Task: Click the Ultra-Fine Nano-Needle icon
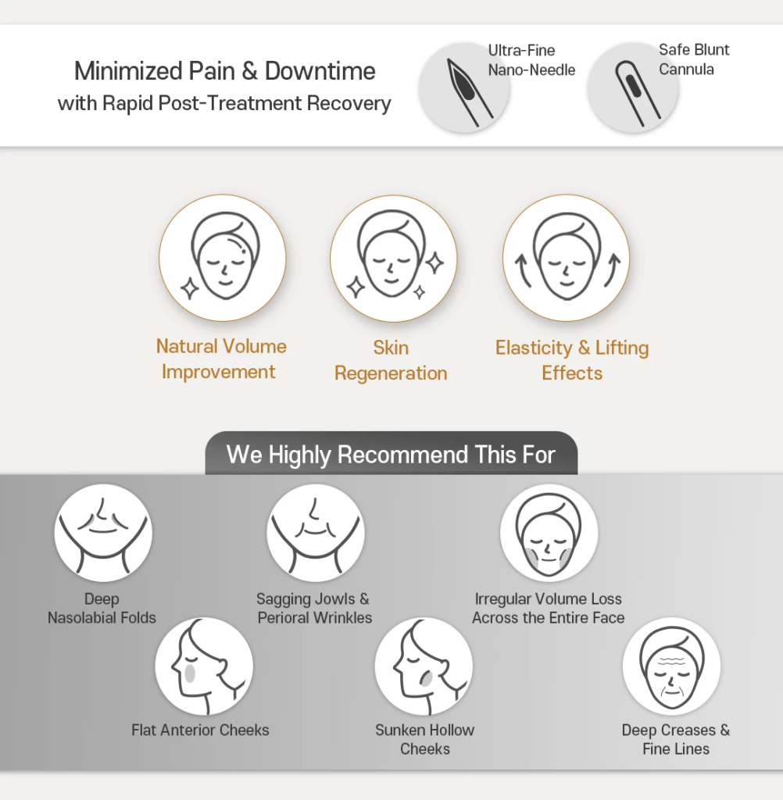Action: [463, 87]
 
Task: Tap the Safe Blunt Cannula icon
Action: [632, 87]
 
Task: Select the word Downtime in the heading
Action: [320, 71]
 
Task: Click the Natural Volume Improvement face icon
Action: [223, 258]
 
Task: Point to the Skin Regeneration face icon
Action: [393, 258]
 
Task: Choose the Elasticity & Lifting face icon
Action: [566, 258]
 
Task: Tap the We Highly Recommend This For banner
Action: [391, 454]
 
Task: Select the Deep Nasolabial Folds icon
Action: [103, 533]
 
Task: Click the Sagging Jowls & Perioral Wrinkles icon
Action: [316, 533]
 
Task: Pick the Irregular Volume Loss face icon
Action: [549, 533]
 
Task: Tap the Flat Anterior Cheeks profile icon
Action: [204, 666]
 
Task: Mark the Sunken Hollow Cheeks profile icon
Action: [424, 666]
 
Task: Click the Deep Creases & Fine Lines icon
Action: [671, 666]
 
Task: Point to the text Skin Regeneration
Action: [391, 360]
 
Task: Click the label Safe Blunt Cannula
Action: [694, 59]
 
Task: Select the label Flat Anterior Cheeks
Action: [200, 730]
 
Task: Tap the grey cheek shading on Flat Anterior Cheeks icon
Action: [190, 673]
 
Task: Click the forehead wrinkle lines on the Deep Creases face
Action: [671, 662]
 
